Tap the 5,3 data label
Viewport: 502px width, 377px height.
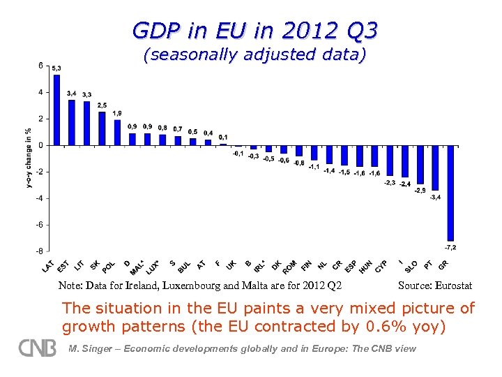[x=56, y=68]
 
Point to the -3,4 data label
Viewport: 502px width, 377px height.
[x=434, y=198]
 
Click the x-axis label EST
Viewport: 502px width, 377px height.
[x=63, y=266]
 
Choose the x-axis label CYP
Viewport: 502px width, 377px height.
[x=381, y=266]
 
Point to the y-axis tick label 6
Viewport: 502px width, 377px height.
[x=41, y=66]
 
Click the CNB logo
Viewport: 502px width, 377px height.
[x=37, y=347]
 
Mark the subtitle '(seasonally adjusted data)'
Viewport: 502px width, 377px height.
[x=254, y=55]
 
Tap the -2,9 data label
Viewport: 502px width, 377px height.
[x=420, y=191]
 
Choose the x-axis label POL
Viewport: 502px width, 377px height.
[x=109, y=266]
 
